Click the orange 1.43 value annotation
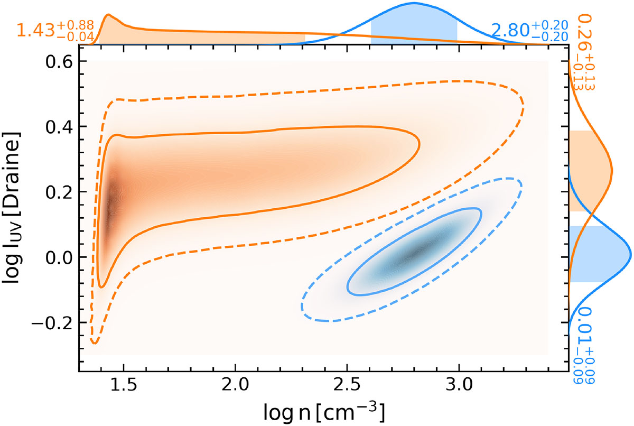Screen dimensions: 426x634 point(55,30)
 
